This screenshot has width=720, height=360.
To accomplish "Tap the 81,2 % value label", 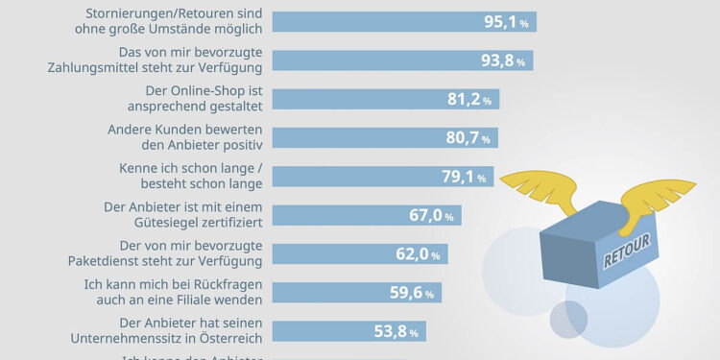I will (471, 100).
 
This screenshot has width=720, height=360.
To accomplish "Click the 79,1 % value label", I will (466, 178).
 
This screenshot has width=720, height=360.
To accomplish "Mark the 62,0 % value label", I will (420, 255).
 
